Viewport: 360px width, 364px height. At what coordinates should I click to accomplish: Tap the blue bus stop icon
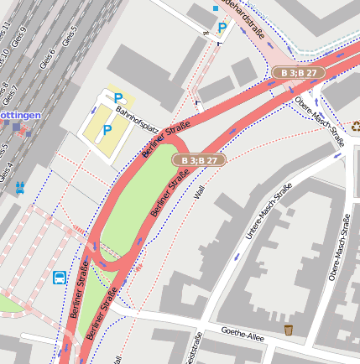point(60,278)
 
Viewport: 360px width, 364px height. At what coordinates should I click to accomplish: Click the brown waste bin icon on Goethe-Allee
point(289,329)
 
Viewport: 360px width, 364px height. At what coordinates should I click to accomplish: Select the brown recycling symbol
point(355,127)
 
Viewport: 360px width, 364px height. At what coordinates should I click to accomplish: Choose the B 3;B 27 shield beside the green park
point(200,159)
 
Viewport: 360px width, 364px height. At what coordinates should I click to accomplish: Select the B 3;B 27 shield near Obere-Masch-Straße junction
point(299,73)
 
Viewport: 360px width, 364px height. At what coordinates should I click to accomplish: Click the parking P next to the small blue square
point(222,28)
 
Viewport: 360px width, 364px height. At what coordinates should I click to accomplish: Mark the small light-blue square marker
point(215,9)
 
